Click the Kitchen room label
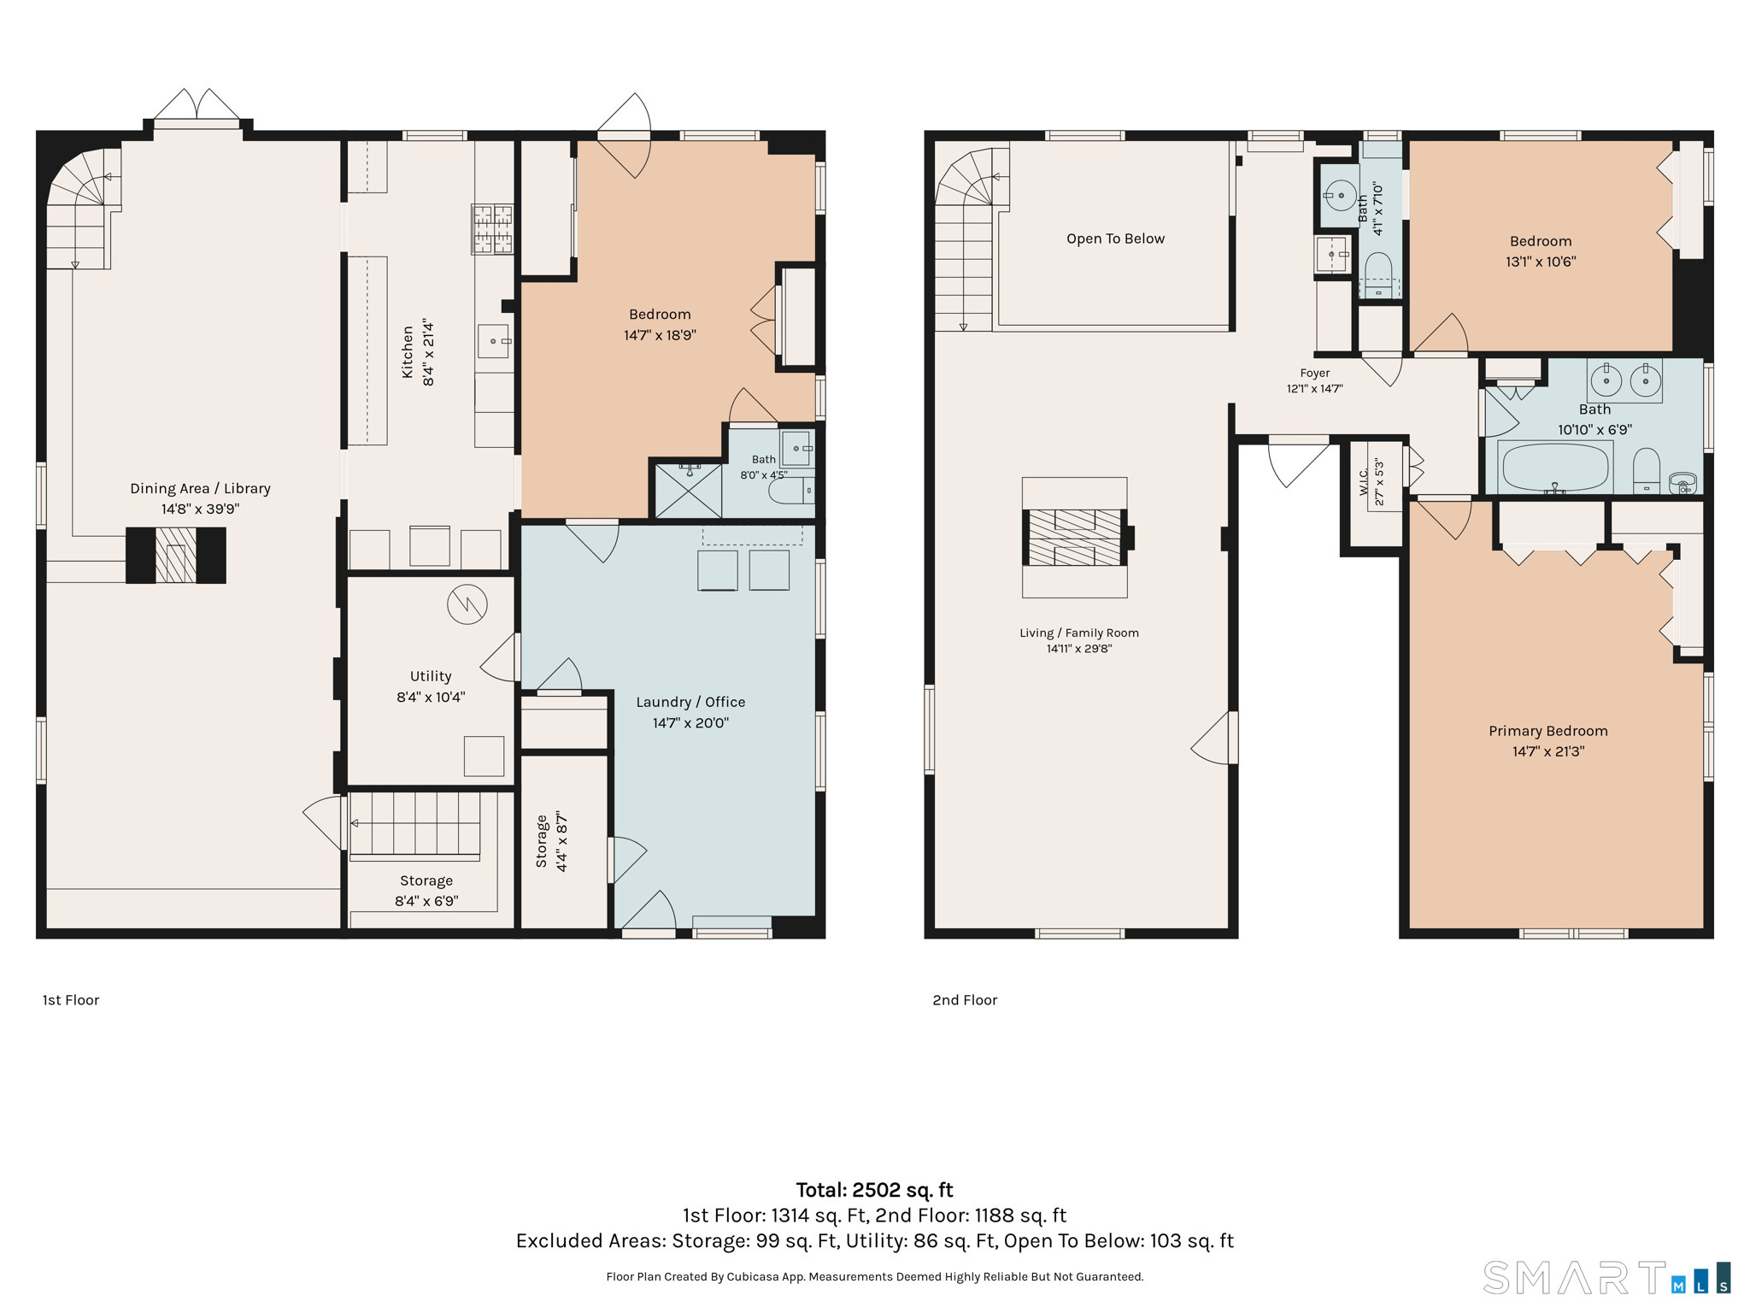[x=408, y=351]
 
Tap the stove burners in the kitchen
[x=493, y=229]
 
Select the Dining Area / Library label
[x=200, y=488]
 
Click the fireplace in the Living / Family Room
[x=1075, y=538]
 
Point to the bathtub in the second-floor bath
[x=1555, y=468]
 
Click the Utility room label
[x=431, y=676]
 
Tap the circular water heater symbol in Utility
[x=467, y=604]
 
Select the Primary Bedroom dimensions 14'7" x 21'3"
[x=1548, y=751]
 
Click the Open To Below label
[x=1115, y=238]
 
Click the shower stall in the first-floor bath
[x=688, y=490]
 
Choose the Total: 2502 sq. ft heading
[x=874, y=1190]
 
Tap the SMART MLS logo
[x=1606, y=1278]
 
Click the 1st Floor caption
[x=71, y=1000]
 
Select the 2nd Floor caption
[x=965, y=1000]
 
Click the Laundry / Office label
[x=690, y=702]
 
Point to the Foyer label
[x=1315, y=373]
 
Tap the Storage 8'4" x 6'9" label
[x=426, y=891]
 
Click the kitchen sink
[x=493, y=341]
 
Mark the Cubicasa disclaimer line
[x=875, y=1277]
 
